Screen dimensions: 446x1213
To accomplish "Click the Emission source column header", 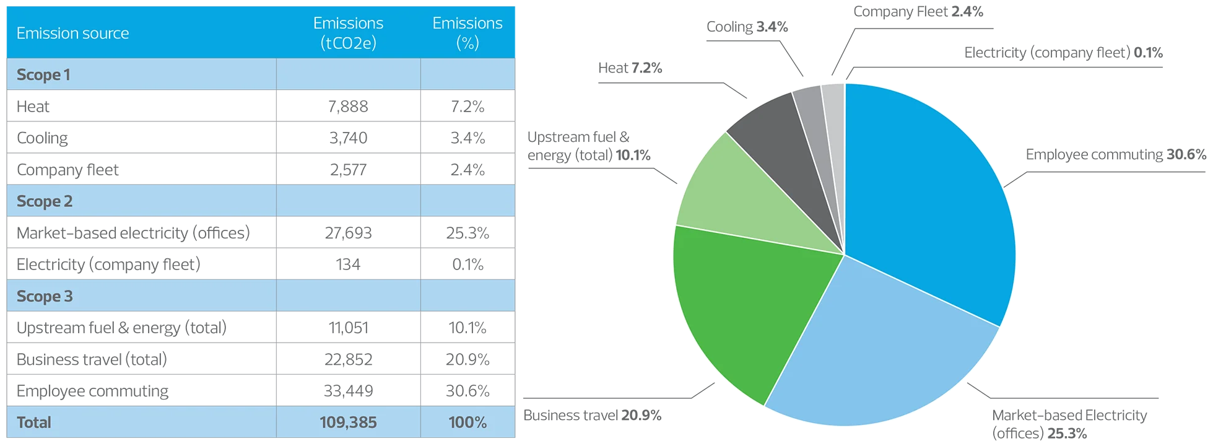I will pos(72,33).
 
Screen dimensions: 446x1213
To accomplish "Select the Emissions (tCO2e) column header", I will pos(348,33).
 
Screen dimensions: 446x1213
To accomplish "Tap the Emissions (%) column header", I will pos(467,33).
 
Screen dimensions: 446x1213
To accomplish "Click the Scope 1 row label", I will pos(43,75).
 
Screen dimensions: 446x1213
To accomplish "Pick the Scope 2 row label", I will pos(45,201).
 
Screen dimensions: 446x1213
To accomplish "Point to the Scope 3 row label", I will pos(45,296).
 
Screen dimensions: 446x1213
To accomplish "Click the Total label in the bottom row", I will pos(34,422).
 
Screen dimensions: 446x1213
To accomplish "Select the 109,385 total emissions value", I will pos(348,422).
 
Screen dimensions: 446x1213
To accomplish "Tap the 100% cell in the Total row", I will pos(467,422).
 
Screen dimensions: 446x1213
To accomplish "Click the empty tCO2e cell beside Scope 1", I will pos(348,75).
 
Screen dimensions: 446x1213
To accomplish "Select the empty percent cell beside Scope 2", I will pos(467,201).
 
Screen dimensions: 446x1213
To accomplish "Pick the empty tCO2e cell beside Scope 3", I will pos(348,296).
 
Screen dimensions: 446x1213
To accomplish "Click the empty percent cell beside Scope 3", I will pos(467,296).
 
